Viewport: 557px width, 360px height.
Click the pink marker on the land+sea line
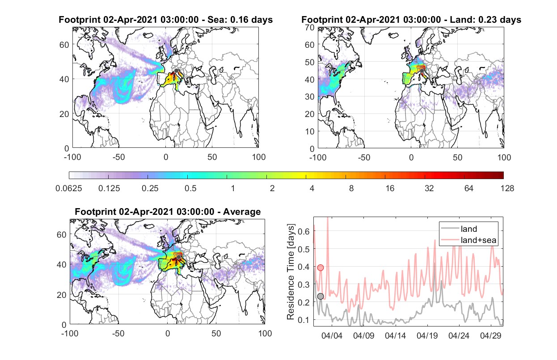pyautogui.click(x=321, y=268)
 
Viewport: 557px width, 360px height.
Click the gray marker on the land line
pyautogui.click(x=321, y=296)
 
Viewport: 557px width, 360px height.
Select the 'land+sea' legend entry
pyautogui.click(x=468, y=240)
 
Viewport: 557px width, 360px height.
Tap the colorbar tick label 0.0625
pyautogui.click(x=69, y=188)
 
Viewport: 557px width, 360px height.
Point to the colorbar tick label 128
pyautogui.click(x=507, y=188)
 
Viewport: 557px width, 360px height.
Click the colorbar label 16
pyautogui.click(x=390, y=188)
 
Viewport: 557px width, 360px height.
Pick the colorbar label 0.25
pyautogui.click(x=150, y=188)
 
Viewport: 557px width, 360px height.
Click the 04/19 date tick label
pyautogui.click(x=427, y=336)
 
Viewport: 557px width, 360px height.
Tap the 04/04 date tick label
pyautogui.click(x=332, y=336)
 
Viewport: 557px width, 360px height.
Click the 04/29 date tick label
pyautogui.click(x=490, y=336)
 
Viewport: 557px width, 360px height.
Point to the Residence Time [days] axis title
pyautogui.click(x=291, y=272)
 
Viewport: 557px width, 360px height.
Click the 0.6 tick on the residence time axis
pyautogui.click(x=304, y=231)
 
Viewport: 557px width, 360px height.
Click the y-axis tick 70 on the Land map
pyautogui.click(x=310, y=28)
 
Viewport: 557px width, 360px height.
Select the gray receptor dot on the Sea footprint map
pyautogui.click(x=176, y=71)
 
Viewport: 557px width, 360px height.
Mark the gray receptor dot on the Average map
pyautogui.click(x=179, y=257)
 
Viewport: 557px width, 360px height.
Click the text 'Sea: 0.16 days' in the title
pyautogui.click(x=240, y=20)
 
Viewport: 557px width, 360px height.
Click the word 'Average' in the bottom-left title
pyautogui.click(x=242, y=212)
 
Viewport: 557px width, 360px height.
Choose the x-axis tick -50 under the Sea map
pyautogui.click(x=118, y=157)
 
